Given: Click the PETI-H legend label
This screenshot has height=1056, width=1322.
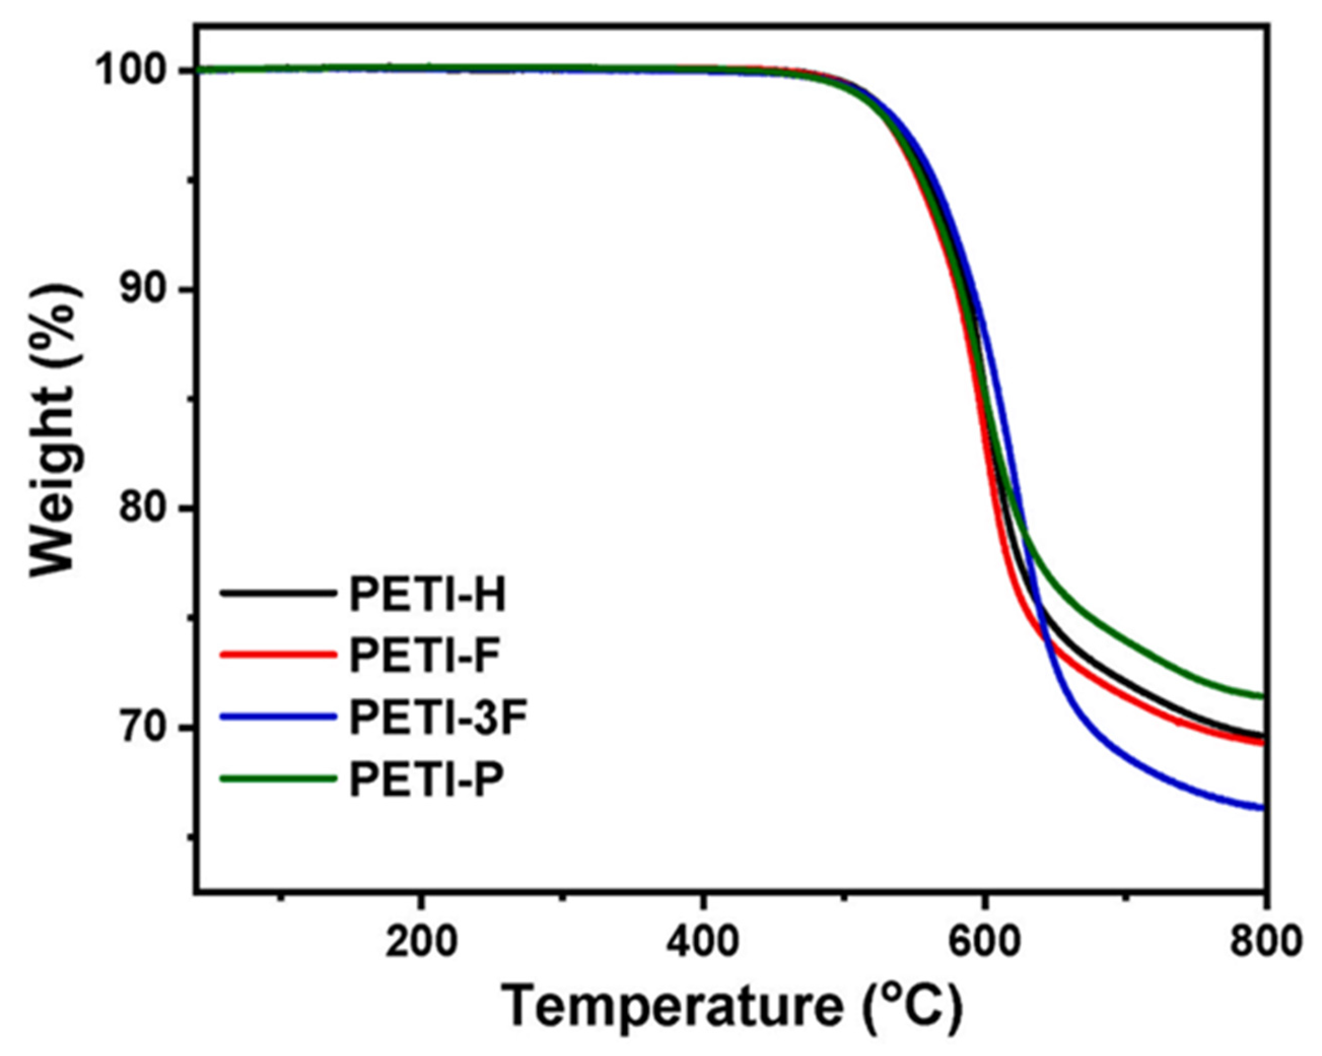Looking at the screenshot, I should pyautogui.click(x=427, y=594).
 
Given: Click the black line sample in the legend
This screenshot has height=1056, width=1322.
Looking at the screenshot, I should pyautogui.click(x=279, y=594).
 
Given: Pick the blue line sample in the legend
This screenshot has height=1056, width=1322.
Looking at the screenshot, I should pyautogui.click(x=279, y=717).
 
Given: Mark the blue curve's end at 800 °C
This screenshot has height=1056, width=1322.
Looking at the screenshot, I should pyautogui.click(x=1262, y=808).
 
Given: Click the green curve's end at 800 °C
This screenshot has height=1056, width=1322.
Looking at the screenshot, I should pyautogui.click(x=1262, y=696).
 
